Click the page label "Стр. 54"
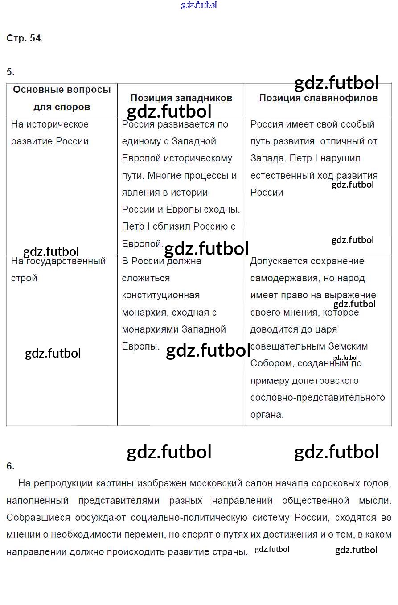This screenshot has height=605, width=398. (x=24, y=38)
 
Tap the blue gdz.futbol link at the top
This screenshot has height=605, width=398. (x=199, y=5)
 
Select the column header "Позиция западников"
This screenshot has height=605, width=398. (x=181, y=98)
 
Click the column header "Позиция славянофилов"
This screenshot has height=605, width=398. (x=318, y=98)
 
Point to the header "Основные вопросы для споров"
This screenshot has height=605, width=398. (x=62, y=98)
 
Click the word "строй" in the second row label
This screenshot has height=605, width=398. (x=24, y=278)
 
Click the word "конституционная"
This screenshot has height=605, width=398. (x=161, y=295)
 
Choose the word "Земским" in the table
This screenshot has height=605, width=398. (x=348, y=346)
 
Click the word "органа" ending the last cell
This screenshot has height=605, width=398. (x=267, y=415)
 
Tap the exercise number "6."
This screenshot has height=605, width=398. (x=10, y=466)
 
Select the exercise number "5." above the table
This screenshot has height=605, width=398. (x=10, y=72)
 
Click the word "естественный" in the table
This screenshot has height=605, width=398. (x=281, y=176)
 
